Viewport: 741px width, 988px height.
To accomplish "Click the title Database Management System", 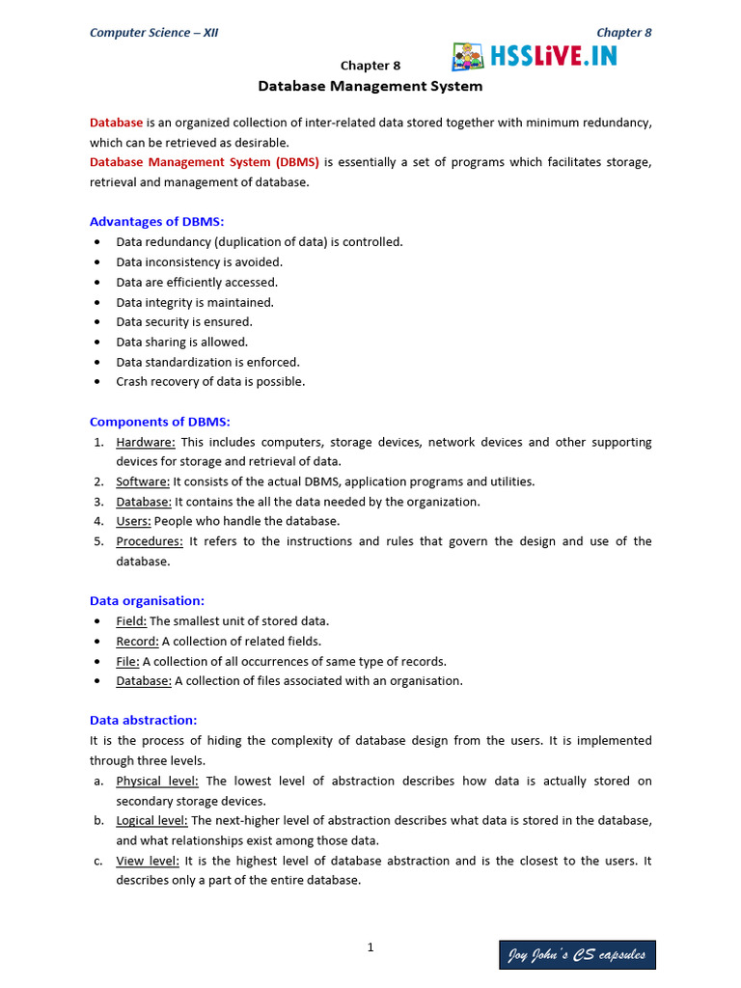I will coord(370,86).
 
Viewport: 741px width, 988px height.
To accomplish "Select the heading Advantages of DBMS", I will coord(156,221).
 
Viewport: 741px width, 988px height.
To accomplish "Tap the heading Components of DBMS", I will coord(159,422).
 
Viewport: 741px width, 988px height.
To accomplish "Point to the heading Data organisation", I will coord(147,600).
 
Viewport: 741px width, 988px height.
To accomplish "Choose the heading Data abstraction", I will coord(143,720).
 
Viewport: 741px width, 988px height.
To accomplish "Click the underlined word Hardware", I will coord(146,442).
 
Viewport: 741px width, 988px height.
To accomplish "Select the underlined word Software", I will coord(143,481).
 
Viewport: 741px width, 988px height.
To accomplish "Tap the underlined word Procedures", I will coord(150,541).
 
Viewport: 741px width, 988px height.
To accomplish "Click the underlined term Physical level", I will coord(158,781).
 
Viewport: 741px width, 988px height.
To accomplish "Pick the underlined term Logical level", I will coord(152,820).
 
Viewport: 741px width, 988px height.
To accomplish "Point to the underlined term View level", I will coord(148,861).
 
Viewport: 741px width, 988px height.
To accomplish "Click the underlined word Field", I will coord(131,621).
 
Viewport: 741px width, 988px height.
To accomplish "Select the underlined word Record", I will coord(137,641).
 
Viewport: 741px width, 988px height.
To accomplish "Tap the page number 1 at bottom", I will coord(370,947).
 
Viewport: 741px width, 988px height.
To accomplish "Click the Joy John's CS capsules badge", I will coord(577,955).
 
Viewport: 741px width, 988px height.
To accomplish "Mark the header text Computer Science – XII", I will coord(153,33).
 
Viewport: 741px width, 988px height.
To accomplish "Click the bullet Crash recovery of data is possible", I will coord(210,381).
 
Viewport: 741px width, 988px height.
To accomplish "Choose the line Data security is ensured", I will coord(184,321).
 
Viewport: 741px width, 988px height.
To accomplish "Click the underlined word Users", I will coord(133,521).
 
